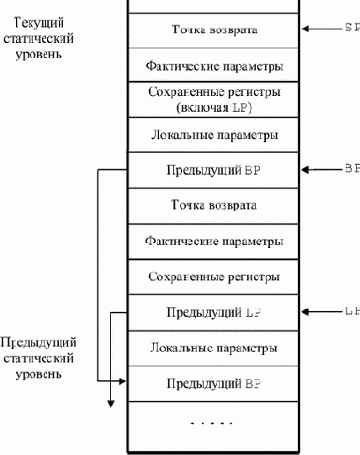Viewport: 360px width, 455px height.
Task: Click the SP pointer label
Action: tap(352, 28)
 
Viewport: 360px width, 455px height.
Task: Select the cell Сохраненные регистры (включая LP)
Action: tap(214, 98)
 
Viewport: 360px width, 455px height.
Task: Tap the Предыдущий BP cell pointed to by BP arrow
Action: tap(214, 169)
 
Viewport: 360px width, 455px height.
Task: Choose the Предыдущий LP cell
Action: tap(214, 312)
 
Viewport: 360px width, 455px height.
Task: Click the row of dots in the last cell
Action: tap(214, 423)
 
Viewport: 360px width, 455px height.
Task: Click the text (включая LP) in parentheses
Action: tap(214, 107)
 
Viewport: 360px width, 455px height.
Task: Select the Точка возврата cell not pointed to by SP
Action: tap(214, 204)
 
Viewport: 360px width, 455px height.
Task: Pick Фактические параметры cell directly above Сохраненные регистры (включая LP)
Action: tap(214, 64)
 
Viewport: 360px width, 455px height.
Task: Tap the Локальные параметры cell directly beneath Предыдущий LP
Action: tap(214, 347)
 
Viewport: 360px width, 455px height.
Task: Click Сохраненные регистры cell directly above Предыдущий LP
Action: tap(214, 276)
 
